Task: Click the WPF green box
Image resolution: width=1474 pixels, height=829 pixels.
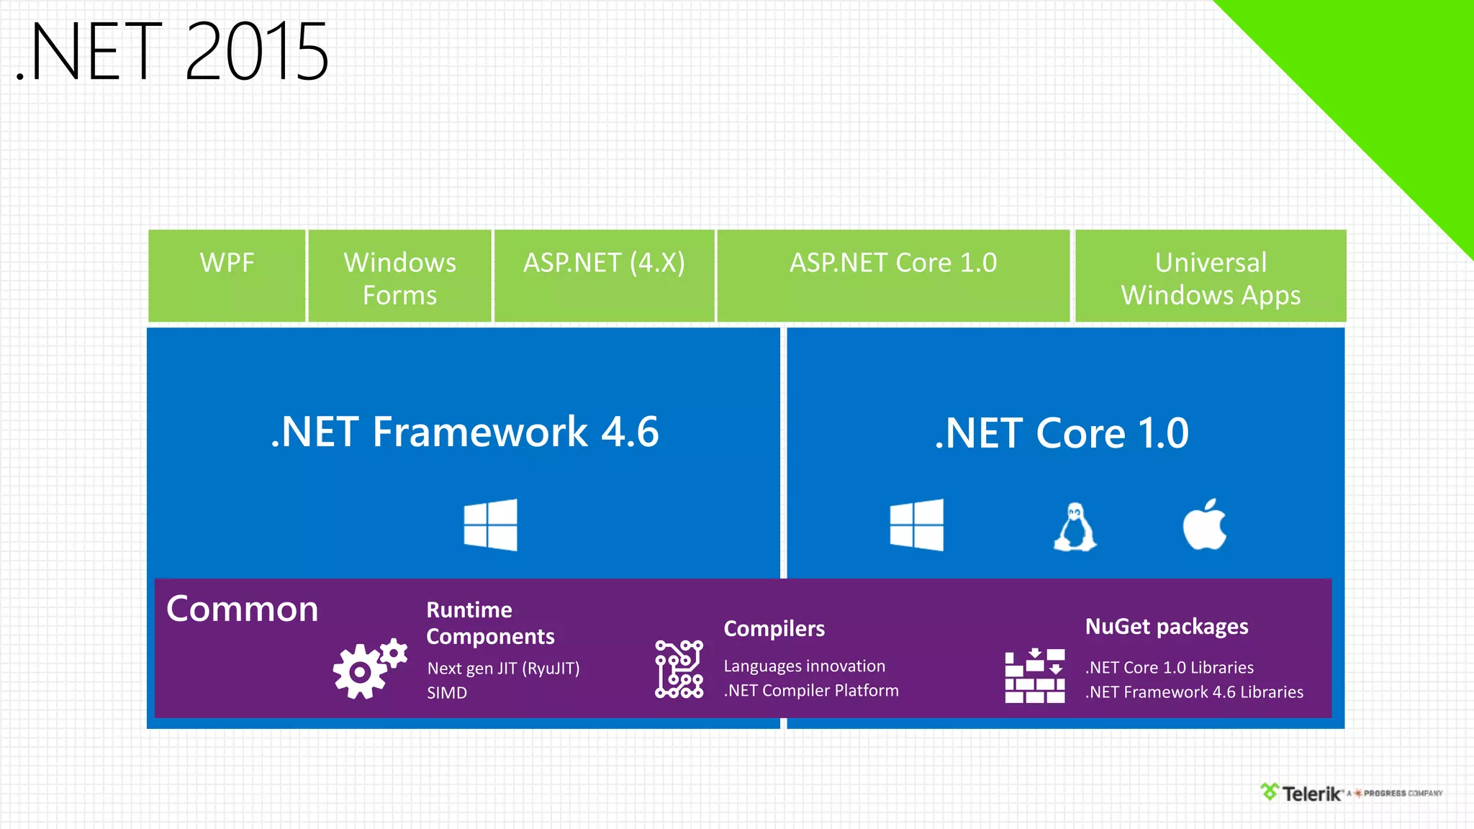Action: (x=227, y=276)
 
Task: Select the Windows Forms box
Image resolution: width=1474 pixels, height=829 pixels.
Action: (x=399, y=277)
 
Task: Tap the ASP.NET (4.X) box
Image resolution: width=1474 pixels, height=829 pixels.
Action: (x=604, y=276)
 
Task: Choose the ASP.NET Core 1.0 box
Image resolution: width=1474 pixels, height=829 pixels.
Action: (x=893, y=276)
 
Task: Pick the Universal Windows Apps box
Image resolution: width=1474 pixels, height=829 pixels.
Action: (x=1211, y=277)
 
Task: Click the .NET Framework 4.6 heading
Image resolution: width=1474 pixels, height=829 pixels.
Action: (x=465, y=432)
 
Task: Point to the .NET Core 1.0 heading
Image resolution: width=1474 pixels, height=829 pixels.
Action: (x=1062, y=433)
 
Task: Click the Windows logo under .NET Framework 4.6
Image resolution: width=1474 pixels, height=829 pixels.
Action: (x=490, y=525)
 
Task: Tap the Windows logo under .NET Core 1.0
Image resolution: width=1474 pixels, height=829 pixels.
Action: (x=916, y=525)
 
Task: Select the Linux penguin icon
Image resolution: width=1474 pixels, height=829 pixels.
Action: (x=1075, y=527)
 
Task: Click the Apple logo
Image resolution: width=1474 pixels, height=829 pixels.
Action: (x=1205, y=525)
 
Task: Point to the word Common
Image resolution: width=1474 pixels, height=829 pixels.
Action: (x=242, y=609)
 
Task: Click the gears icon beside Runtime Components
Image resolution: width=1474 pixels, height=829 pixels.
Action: (x=369, y=668)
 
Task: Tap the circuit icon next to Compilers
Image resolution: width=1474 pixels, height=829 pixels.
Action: (x=679, y=669)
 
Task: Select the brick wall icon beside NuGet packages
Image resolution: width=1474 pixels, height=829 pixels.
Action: (x=1034, y=675)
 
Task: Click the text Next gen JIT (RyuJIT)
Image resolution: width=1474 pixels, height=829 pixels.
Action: (x=503, y=669)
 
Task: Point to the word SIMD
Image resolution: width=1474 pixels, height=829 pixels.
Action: (x=447, y=693)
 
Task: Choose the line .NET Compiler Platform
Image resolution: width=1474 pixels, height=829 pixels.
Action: (x=811, y=691)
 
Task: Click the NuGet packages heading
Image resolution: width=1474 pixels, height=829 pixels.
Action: (x=1167, y=627)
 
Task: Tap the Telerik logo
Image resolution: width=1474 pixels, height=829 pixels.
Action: (x=1303, y=793)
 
